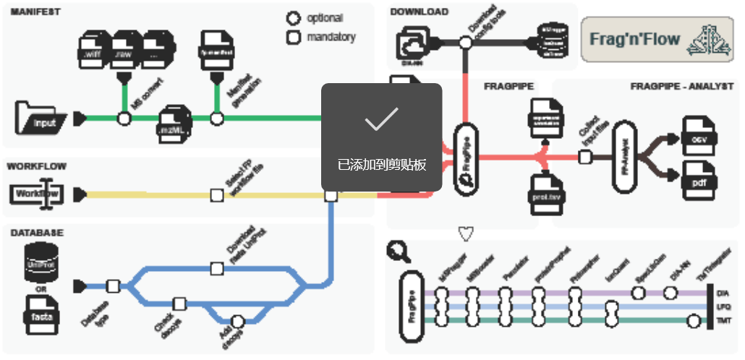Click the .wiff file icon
point(93,50)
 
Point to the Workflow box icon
point(38,194)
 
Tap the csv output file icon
point(698,137)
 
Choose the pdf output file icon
point(698,181)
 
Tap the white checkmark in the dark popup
point(381,120)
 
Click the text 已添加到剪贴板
point(381,164)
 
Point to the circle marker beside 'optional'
point(293,18)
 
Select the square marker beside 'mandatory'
point(293,37)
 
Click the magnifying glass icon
point(399,251)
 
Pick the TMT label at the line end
point(722,319)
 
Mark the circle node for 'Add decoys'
point(237,321)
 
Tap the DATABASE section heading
point(37,233)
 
